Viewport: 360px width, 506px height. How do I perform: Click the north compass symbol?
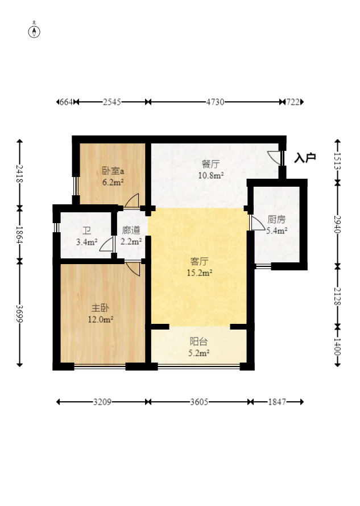click(x=34, y=31)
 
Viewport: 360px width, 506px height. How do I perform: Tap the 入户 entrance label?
click(x=305, y=158)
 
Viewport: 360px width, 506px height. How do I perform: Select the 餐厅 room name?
click(x=210, y=164)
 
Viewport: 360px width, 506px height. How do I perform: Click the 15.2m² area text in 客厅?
click(x=200, y=273)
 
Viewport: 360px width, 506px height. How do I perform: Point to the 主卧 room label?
click(x=100, y=308)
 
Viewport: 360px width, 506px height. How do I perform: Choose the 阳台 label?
click(x=198, y=342)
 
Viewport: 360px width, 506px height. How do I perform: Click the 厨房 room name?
click(x=276, y=220)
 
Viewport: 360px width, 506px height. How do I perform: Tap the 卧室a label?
click(x=113, y=171)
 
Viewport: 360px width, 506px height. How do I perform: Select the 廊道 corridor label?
click(x=131, y=230)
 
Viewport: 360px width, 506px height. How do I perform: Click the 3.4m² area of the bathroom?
click(x=87, y=242)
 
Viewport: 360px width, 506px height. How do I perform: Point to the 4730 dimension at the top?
click(x=215, y=102)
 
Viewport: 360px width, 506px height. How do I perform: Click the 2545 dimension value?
click(x=112, y=102)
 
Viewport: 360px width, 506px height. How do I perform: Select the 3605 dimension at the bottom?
click(x=199, y=402)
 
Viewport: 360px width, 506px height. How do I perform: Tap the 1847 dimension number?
click(x=277, y=402)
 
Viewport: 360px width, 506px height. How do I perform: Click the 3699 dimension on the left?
click(x=19, y=314)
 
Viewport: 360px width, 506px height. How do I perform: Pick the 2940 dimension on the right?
click(x=337, y=224)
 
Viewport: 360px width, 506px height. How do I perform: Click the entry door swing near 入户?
click(x=274, y=158)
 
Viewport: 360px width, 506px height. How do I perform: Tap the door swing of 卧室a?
click(x=132, y=200)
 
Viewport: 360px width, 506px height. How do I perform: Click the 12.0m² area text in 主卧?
click(x=100, y=319)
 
